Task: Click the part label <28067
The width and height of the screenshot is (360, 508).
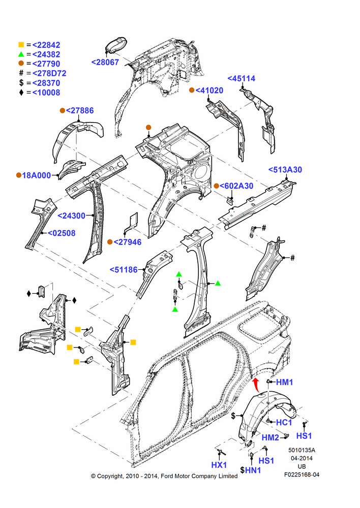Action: click(105, 62)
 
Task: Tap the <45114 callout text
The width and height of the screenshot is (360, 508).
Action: click(242, 78)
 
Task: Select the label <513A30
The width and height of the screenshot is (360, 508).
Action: click(285, 170)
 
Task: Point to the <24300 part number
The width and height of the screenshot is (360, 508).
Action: click(71, 215)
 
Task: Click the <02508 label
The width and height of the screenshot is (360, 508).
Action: click(62, 233)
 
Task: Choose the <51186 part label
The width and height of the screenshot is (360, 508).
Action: click(124, 270)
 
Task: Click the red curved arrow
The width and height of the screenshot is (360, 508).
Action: click(256, 385)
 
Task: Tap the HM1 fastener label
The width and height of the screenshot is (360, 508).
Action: click(284, 383)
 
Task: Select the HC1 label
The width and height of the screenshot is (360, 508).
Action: click(284, 423)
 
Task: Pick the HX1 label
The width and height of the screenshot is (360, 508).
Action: click(219, 465)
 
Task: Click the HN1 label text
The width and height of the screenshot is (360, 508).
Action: click(253, 470)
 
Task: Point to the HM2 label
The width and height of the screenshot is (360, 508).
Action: click(270, 437)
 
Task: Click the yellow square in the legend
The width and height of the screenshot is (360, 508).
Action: click(21, 45)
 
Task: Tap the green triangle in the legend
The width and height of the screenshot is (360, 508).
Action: click(21, 54)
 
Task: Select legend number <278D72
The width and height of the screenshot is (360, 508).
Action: click(49, 73)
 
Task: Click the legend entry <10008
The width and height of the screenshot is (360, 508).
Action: click(46, 92)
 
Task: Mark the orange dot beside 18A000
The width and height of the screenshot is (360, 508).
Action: click(19, 175)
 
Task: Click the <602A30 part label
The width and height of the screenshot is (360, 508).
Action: click(236, 185)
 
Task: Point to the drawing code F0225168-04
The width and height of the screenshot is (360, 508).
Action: click(302, 474)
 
